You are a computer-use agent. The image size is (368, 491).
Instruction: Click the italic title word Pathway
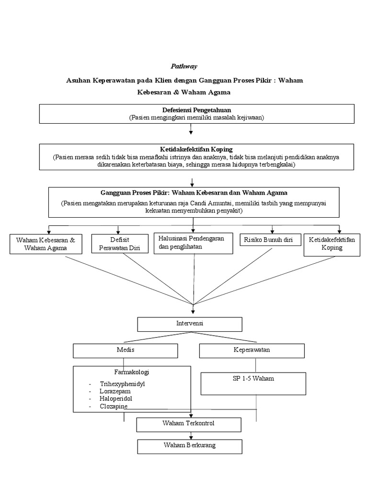pyautogui.click(x=184, y=66)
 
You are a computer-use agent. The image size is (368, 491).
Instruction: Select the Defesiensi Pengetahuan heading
pyautogui.click(x=191, y=110)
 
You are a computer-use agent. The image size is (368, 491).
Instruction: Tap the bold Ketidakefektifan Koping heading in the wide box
pyautogui.click(x=190, y=150)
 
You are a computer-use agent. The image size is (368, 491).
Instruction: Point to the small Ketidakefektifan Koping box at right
pyautogui.click(x=332, y=244)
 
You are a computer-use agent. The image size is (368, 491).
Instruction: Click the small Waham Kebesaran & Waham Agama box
pyautogui.click(x=46, y=244)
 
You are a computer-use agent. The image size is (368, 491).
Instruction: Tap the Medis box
pyautogui.click(x=125, y=350)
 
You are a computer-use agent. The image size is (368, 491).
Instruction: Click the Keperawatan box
pyautogui.click(x=251, y=350)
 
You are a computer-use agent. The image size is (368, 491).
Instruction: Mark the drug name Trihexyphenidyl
pyautogui.click(x=122, y=384)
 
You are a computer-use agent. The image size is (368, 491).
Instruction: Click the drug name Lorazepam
pyautogui.click(x=115, y=391)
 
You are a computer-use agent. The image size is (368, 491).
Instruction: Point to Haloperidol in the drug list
pyautogui.click(x=116, y=398)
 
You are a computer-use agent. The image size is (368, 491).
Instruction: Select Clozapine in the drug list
pyautogui.click(x=114, y=406)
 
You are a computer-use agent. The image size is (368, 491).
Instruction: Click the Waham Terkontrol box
pyautogui.click(x=189, y=424)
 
